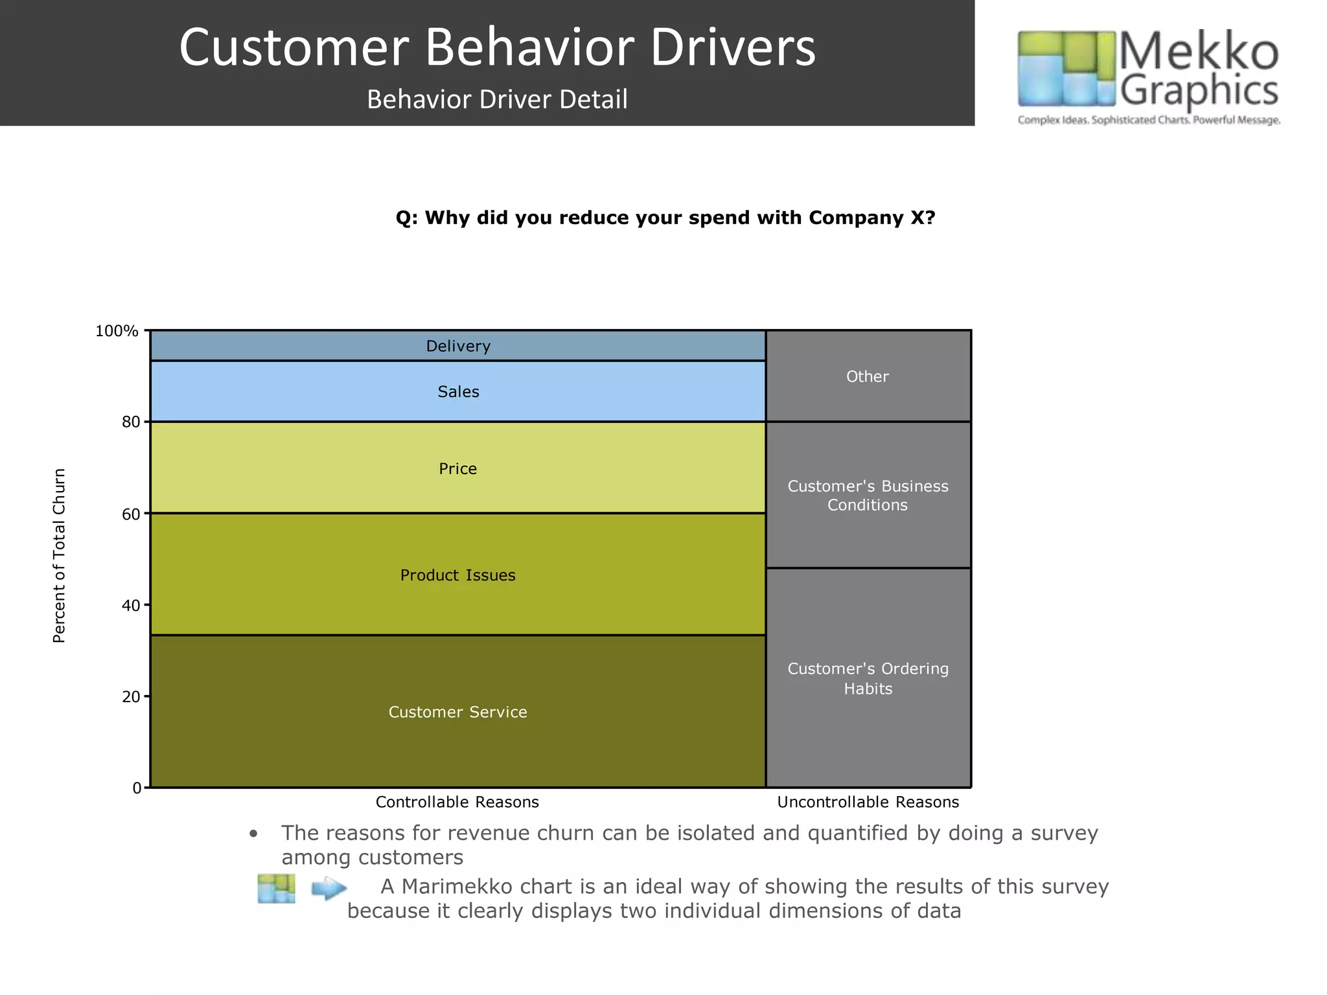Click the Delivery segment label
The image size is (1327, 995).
(x=457, y=346)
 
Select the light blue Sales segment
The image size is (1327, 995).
(x=457, y=391)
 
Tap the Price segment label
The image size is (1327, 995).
(x=457, y=468)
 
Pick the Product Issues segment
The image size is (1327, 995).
(x=457, y=575)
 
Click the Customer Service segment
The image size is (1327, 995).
(x=457, y=711)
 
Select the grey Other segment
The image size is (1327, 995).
(x=867, y=376)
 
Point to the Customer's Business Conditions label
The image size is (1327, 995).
(x=867, y=495)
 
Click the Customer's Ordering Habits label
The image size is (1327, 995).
(x=867, y=678)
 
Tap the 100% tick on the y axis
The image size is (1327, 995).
(x=117, y=331)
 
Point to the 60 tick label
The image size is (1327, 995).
(x=131, y=514)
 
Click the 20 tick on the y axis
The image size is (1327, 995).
(x=131, y=697)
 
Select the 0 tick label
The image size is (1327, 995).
(x=137, y=788)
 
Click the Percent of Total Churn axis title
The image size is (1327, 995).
(x=59, y=555)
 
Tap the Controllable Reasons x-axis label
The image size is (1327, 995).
(x=457, y=802)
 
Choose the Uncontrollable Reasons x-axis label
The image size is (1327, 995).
(x=868, y=802)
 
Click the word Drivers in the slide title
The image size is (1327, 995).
(x=732, y=47)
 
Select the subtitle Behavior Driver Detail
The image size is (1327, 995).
(x=497, y=99)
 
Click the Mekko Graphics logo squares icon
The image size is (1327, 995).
(x=1066, y=68)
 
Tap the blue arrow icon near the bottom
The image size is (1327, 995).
(x=329, y=888)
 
